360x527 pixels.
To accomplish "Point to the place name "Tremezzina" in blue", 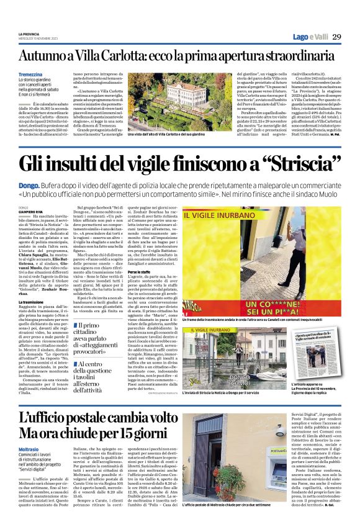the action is click(x=31, y=74).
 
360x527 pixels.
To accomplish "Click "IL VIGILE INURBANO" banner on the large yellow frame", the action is click(x=230, y=217).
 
